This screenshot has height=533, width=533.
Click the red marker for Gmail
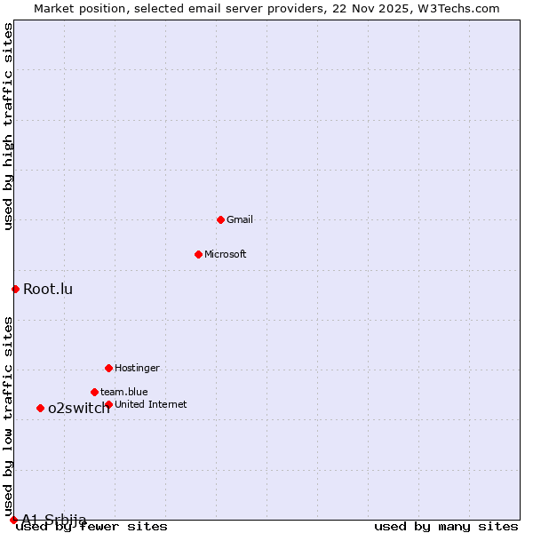click(x=220, y=219)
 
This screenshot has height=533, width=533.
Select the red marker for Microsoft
click(x=198, y=254)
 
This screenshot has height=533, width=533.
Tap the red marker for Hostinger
click(x=108, y=368)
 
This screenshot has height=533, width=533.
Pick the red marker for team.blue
click(x=94, y=392)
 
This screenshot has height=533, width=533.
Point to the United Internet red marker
click(x=108, y=404)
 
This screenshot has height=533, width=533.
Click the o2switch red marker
click(x=40, y=408)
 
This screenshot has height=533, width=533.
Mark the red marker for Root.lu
click(x=15, y=289)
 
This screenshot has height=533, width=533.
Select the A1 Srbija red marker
click(x=13, y=520)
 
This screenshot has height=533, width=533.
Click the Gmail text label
click(x=240, y=219)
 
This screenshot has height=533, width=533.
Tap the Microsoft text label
click(x=226, y=254)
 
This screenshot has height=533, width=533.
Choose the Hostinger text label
click(x=137, y=368)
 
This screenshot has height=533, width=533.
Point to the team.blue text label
click(x=124, y=392)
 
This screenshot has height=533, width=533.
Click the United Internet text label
click(x=151, y=404)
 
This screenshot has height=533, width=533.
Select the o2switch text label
click(x=79, y=409)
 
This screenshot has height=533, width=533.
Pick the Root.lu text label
click(x=48, y=289)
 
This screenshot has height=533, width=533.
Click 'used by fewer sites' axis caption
click(x=91, y=527)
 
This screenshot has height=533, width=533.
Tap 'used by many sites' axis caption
click(x=446, y=527)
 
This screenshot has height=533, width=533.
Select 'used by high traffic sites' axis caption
click(x=9, y=127)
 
